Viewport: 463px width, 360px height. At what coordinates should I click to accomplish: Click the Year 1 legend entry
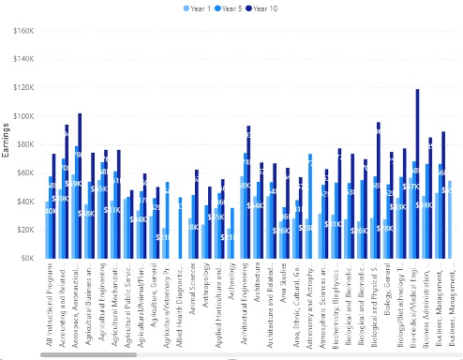point(199,7)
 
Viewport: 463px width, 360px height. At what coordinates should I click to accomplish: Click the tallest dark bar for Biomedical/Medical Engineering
point(417,173)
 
